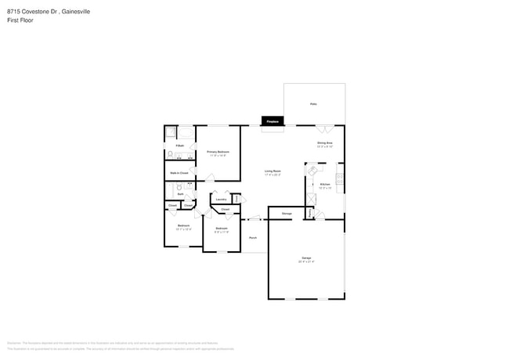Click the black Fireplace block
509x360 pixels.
[x=273, y=121]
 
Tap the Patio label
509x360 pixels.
[x=313, y=103]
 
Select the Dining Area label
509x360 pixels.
[x=325, y=144]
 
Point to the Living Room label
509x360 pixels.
[x=273, y=171]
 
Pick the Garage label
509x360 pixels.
[x=306, y=259]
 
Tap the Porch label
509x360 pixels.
[x=253, y=237]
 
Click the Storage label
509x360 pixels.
[x=287, y=214]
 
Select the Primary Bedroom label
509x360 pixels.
[x=218, y=152]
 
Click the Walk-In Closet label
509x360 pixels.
[x=179, y=172]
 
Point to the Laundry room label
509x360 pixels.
[x=222, y=199]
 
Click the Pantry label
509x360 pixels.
[x=310, y=211]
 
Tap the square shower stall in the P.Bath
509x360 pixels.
[x=169, y=131]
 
